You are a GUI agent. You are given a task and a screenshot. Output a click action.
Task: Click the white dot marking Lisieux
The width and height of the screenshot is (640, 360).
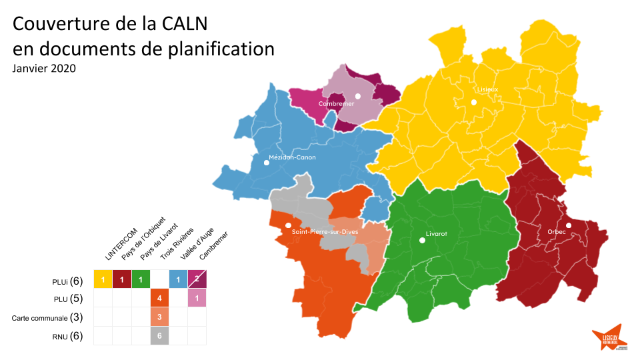[x=473, y=102]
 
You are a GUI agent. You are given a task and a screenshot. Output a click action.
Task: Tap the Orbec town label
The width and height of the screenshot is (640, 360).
[x=556, y=232]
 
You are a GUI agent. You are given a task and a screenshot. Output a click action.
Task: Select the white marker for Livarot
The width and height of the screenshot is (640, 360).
[x=421, y=241]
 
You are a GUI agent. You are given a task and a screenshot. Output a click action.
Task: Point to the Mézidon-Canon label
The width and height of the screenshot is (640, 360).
[x=292, y=158]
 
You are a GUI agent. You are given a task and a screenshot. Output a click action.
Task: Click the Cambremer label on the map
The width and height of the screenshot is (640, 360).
[x=336, y=104]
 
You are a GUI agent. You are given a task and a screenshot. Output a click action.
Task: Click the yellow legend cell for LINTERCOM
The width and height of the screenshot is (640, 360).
[x=103, y=279]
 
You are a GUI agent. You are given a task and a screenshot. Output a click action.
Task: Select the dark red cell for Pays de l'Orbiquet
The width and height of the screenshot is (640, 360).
[x=122, y=279]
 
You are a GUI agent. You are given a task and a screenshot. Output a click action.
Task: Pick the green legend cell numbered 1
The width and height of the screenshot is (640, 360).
[x=141, y=279]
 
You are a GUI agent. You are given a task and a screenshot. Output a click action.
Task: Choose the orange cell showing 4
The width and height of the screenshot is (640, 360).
[x=159, y=297]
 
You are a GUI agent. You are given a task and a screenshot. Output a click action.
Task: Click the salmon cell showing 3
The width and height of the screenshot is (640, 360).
[x=159, y=316]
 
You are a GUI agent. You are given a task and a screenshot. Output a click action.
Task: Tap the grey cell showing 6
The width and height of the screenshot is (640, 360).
[x=159, y=335]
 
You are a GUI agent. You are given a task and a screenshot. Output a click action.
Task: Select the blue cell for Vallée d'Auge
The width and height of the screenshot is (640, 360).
[x=178, y=279]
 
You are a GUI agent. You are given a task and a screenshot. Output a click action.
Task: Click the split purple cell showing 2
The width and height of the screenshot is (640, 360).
[x=197, y=279]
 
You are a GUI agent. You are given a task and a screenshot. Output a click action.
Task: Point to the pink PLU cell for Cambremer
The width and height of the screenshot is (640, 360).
[x=197, y=297]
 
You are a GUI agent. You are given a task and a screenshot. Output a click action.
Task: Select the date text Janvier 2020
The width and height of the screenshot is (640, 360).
[x=44, y=69]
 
